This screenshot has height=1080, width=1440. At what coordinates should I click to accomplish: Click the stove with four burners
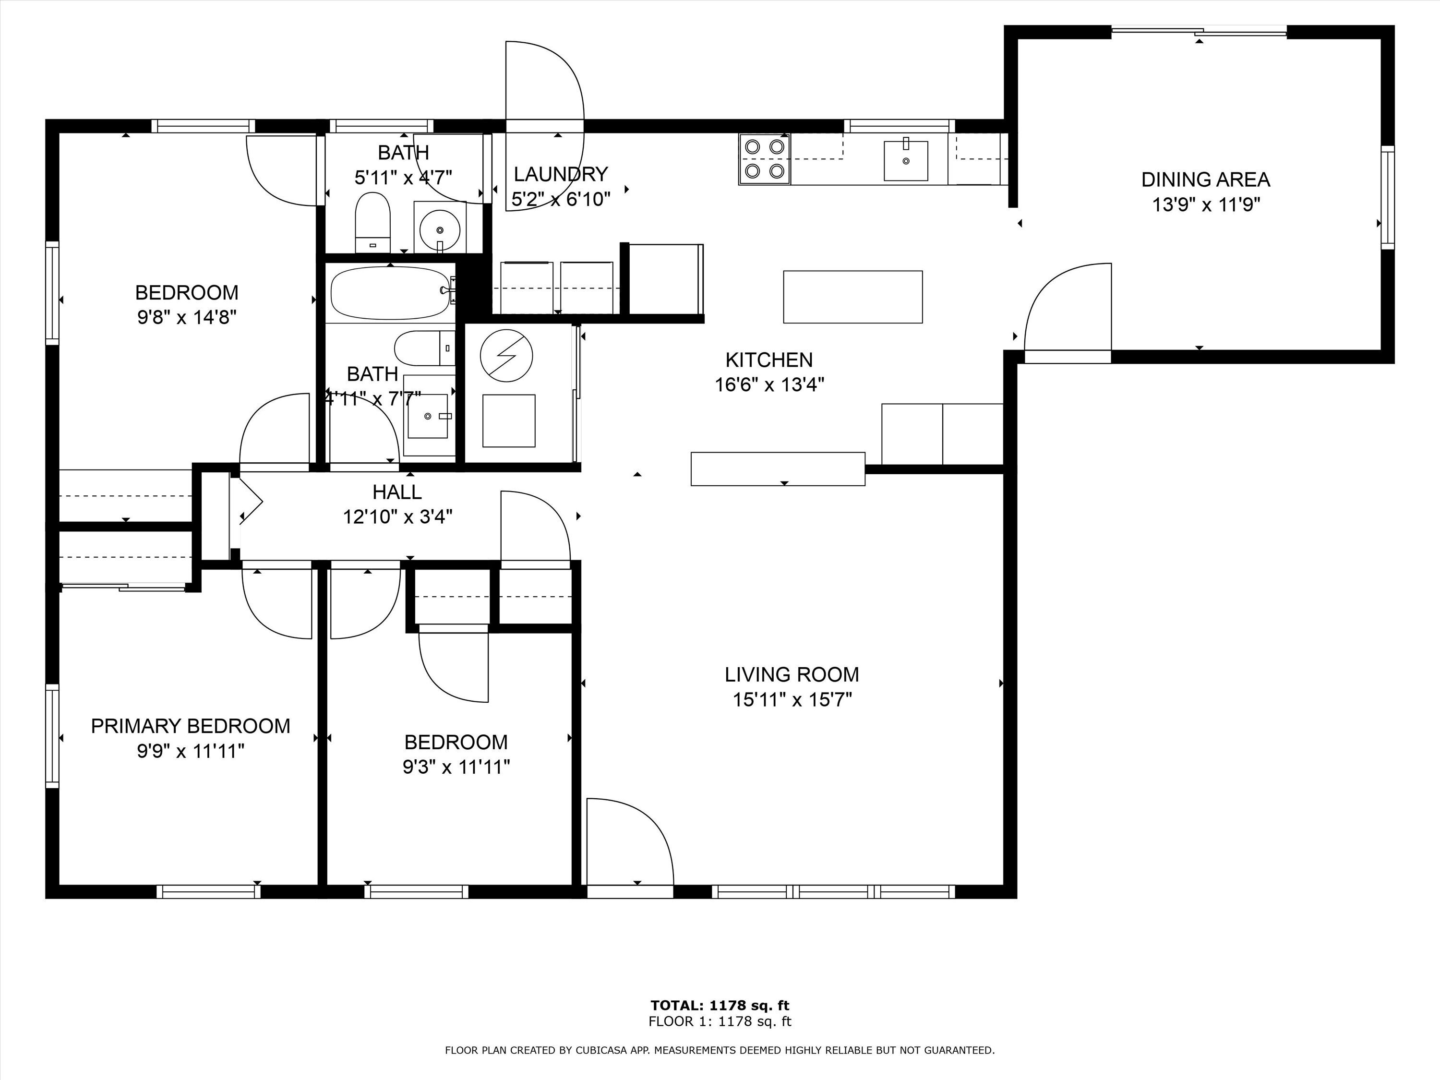[764, 159]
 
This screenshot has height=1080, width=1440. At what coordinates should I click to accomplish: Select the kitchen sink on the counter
[906, 160]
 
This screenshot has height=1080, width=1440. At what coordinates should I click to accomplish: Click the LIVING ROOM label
[792, 674]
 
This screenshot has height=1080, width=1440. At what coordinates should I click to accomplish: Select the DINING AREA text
[1206, 180]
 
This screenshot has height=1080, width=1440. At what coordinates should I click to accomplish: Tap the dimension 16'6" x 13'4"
[769, 385]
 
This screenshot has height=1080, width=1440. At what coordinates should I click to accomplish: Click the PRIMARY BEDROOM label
[190, 726]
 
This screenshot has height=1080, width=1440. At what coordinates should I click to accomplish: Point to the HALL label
[397, 492]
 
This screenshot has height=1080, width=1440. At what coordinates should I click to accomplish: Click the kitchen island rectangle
[852, 297]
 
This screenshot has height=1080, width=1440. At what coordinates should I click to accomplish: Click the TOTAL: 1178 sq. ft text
[720, 1006]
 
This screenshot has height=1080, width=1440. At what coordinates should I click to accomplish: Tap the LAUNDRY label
[561, 174]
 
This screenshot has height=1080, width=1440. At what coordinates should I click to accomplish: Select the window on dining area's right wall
[1387, 197]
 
